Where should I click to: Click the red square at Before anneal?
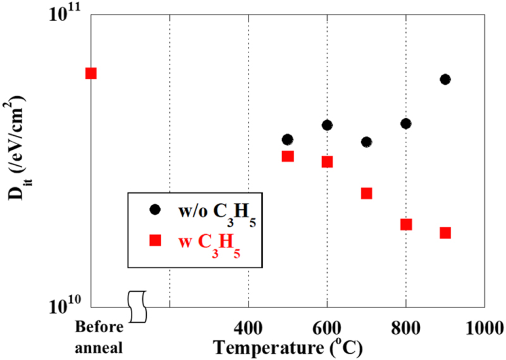91,73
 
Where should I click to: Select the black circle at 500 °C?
288,139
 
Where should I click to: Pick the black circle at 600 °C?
327,125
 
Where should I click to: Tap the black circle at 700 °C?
366,142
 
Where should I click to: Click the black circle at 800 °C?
405,123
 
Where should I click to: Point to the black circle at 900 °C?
445,79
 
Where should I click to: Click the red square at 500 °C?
288,156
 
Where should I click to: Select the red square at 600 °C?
327,161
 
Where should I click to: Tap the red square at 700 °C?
366,193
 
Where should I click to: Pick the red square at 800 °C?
405,224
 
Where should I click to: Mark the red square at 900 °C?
445,233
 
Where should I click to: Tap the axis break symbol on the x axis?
137,306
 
